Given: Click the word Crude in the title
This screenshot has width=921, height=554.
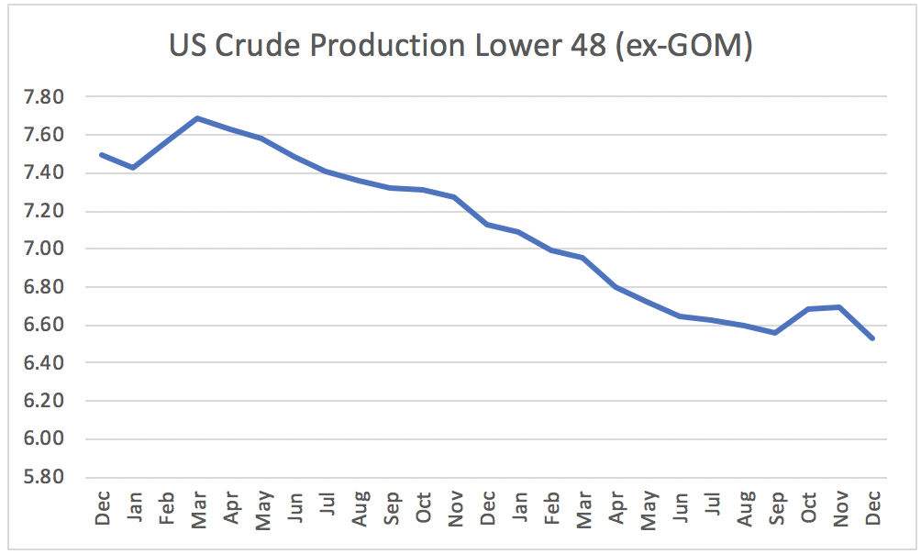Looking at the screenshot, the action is [x=257, y=45].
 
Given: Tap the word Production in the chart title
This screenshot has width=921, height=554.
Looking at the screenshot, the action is [x=388, y=45].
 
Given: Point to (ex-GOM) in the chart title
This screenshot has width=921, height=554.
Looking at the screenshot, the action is [x=683, y=46].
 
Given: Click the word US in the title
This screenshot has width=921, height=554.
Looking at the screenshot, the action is [x=187, y=45].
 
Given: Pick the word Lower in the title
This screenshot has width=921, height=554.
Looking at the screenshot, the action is [x=518, y=45].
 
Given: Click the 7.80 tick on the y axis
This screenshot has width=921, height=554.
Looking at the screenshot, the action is [x=43, y=96].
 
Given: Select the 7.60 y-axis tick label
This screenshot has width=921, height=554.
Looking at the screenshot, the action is [x=43, y=135].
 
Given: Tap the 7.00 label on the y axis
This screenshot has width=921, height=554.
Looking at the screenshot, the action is [x=43, y=249].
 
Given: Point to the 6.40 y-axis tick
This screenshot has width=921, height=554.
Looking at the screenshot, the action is [x=43, y=362].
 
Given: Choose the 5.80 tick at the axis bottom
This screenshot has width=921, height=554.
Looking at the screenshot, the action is [x=43, y=476].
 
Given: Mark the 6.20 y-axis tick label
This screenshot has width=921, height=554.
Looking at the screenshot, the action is [x=43, y=401].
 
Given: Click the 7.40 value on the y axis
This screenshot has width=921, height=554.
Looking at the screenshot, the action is [x=43, y=172].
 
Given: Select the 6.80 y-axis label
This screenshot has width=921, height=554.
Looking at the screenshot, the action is [x=43, y=287].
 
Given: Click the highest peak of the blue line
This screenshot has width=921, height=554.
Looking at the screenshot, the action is [x=198, y=118].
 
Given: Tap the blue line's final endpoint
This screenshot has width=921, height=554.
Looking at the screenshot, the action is [x=872, y=338].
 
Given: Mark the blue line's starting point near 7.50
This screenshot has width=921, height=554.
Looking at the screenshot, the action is [x=102, y=154].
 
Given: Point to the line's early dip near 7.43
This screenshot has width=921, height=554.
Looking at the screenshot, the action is [x=134, y=168].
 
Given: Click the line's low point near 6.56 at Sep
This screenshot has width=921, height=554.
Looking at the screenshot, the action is [x=776, y=333].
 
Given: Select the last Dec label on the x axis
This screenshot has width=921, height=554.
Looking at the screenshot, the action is [x=872, y=508].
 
